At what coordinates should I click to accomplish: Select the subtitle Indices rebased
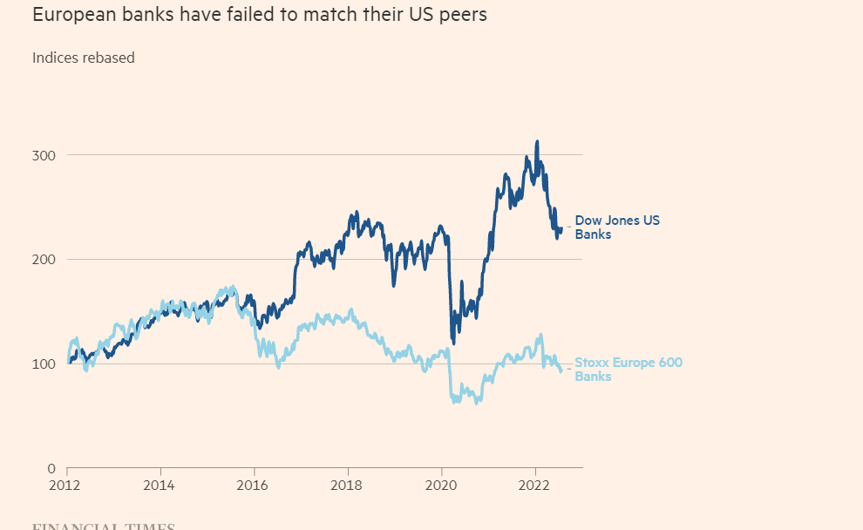point(84,58)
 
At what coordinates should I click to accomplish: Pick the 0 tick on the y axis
point(51,468)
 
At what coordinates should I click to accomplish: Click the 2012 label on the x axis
point(66,485)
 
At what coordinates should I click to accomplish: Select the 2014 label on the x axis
point(160,485)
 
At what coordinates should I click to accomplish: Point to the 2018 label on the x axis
point(347,485)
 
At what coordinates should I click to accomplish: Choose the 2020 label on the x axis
point(441,485)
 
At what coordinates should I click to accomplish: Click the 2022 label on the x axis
point(534,485)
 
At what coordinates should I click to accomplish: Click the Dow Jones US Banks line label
point(616,228)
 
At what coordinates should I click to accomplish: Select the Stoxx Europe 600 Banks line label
point(628,370)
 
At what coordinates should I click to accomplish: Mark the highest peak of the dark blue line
point(537,141)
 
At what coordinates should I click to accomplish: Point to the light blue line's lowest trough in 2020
point(476,404)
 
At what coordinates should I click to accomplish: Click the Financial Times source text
point(103,527)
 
